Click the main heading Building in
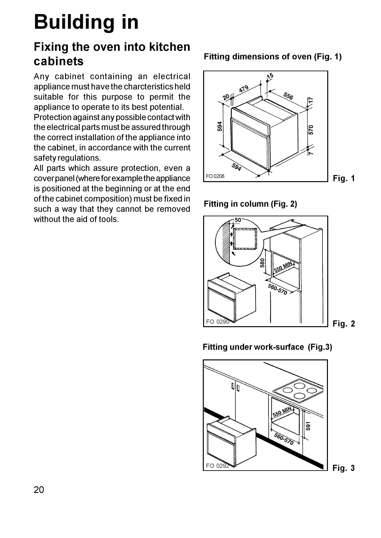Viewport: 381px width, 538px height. point(86,22)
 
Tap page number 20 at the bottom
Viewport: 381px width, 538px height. point(39,490)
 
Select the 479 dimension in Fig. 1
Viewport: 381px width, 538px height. point(244,88)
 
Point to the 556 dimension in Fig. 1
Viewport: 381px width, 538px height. point(288,96)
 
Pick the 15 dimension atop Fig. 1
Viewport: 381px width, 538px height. point(270,76)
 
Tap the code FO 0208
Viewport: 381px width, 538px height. point(215,176)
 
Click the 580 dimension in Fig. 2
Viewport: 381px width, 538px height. point(263,263)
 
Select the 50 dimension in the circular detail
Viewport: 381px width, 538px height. point(238,220)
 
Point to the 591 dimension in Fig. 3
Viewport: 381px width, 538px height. point(308,426)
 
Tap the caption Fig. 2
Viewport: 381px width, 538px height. point(344,324)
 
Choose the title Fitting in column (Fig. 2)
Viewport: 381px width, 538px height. point(250,204)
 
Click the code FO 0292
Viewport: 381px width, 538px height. point(218,466)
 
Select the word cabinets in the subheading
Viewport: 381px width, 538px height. point(59,61)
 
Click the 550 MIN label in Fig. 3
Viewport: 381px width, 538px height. point(282,412)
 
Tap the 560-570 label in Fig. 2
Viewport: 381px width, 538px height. point(277,289)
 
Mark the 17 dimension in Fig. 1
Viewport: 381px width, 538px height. point(311,100)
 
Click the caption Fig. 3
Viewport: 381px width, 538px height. point(344,468)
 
